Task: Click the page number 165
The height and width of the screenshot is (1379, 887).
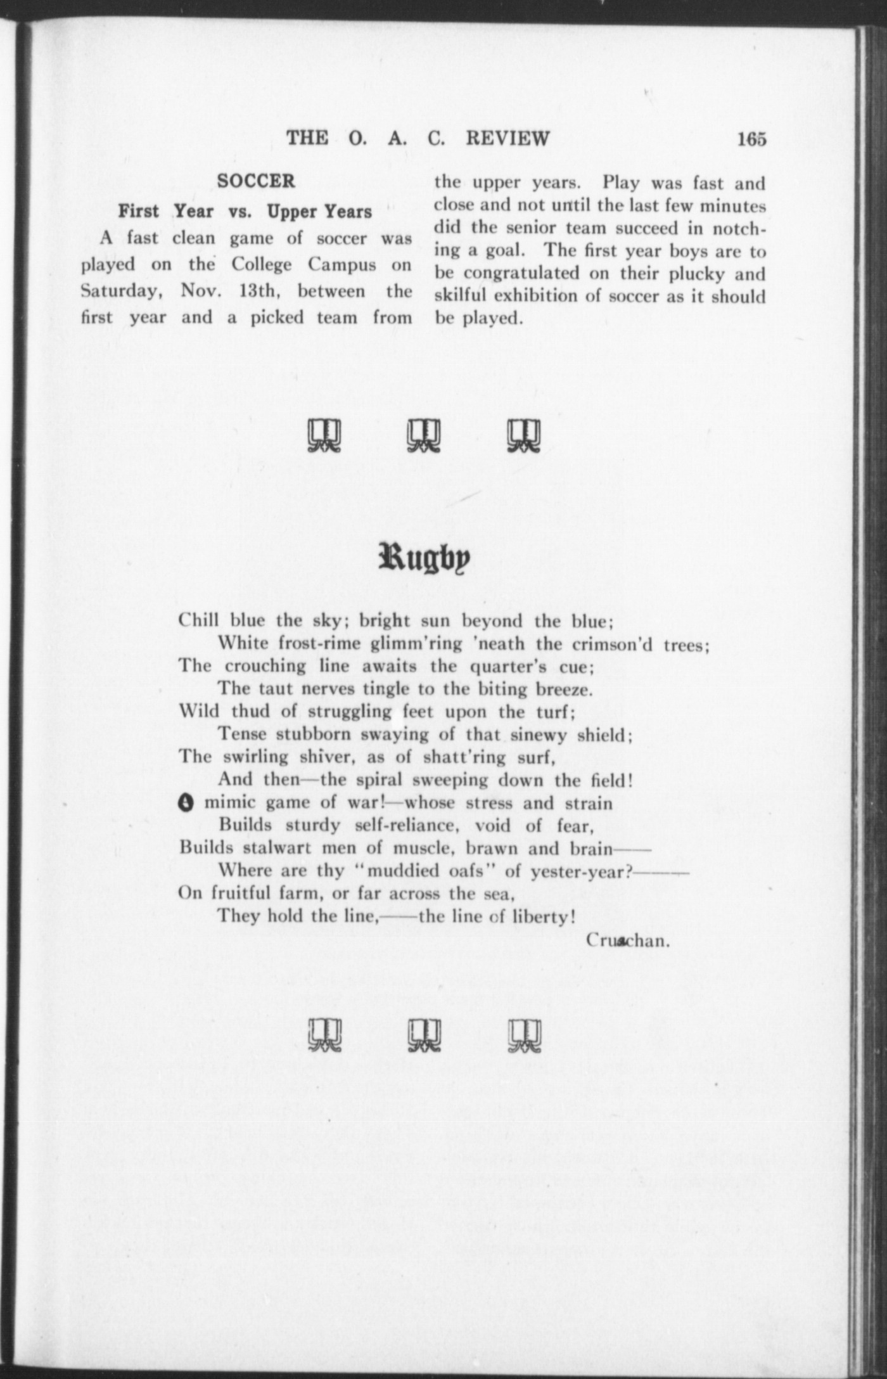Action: (751, 138)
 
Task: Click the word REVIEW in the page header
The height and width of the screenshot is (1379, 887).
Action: (507, 138)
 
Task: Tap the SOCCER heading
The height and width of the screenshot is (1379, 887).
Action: (256, 181)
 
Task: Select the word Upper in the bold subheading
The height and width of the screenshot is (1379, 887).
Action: (292, 211)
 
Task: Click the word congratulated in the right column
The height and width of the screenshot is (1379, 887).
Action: (521, 274)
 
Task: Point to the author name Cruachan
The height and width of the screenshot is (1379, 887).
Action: (627, 940)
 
